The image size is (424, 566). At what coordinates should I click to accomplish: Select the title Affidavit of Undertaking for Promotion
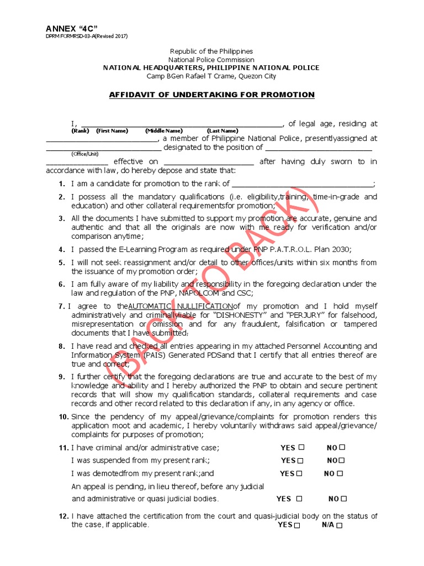tap(211, 95)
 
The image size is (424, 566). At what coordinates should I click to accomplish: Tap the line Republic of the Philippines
tap(211, 51)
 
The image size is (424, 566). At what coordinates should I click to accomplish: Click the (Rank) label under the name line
tap(80, 131)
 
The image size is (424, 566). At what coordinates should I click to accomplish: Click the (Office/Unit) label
tap(84, 154)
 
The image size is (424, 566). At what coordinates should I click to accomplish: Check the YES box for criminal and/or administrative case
tap(301, 447)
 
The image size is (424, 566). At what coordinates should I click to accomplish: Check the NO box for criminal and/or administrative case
tap(342, 447)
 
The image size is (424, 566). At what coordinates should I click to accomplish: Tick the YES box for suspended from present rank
tap(301, 460)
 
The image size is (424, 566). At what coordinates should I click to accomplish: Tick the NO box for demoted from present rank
tap(340, 474)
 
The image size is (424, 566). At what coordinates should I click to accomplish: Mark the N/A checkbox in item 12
tap(340, 526)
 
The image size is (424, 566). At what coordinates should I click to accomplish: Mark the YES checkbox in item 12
tap(298, 526)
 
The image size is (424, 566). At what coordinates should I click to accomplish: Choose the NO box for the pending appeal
tap(344, 499)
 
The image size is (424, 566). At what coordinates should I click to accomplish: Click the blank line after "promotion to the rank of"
tap(302, 184)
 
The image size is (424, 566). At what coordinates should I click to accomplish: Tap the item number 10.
tap(63, 417)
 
